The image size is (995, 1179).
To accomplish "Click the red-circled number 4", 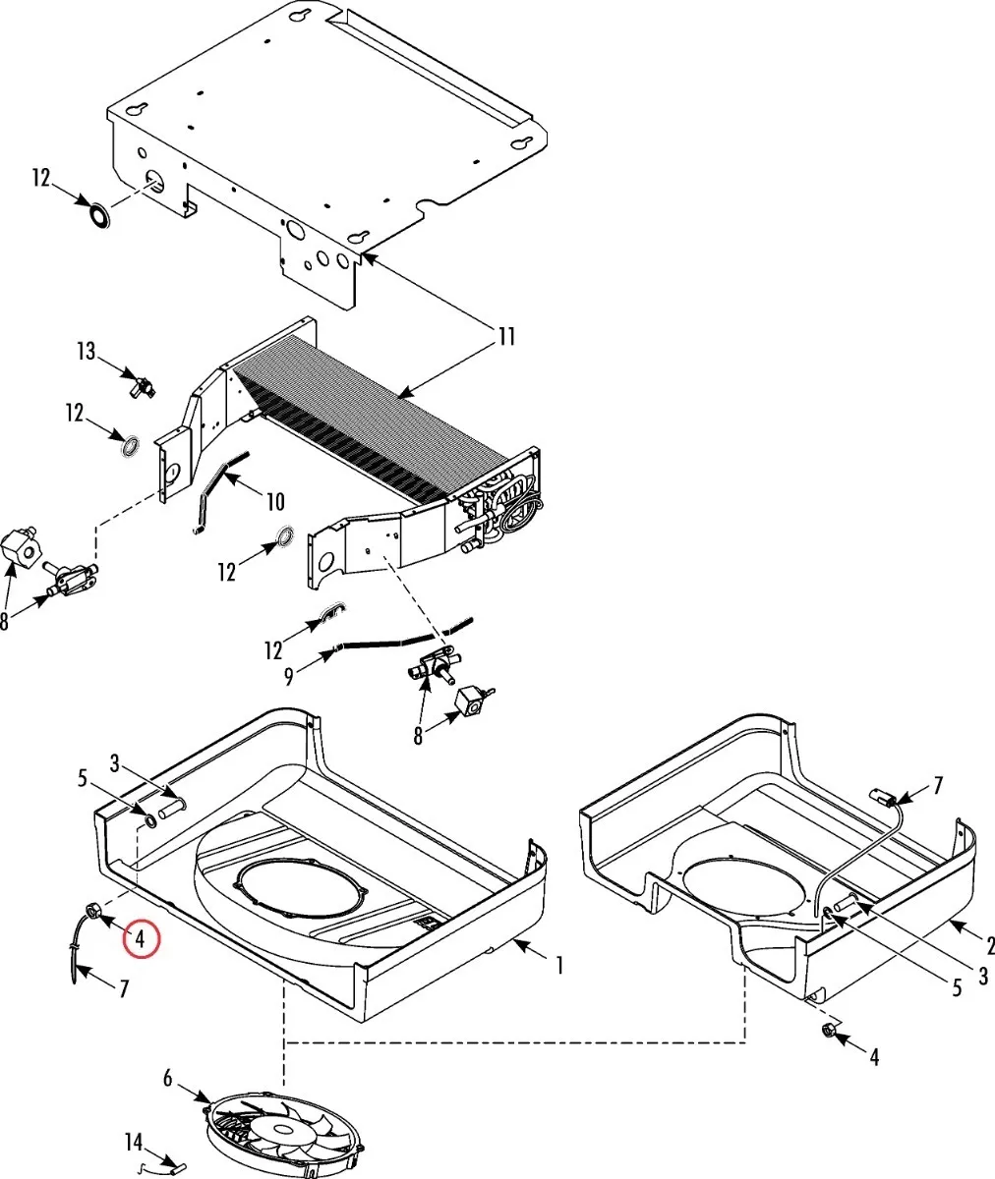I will coord(141,938).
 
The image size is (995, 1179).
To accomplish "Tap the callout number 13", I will coord(87,352).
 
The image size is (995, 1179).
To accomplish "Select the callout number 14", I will coord(134,1143).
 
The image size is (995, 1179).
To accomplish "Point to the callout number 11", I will coord(505,337).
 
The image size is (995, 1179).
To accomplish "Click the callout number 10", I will coord(275,502).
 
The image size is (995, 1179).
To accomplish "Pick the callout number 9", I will coord(289,677).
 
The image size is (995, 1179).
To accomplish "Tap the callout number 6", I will coord(168,1079).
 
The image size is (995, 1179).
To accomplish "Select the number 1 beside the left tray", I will coord(559,966).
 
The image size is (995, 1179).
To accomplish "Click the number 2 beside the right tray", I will coord(989,945).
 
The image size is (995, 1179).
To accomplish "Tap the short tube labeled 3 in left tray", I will coord(172,806).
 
